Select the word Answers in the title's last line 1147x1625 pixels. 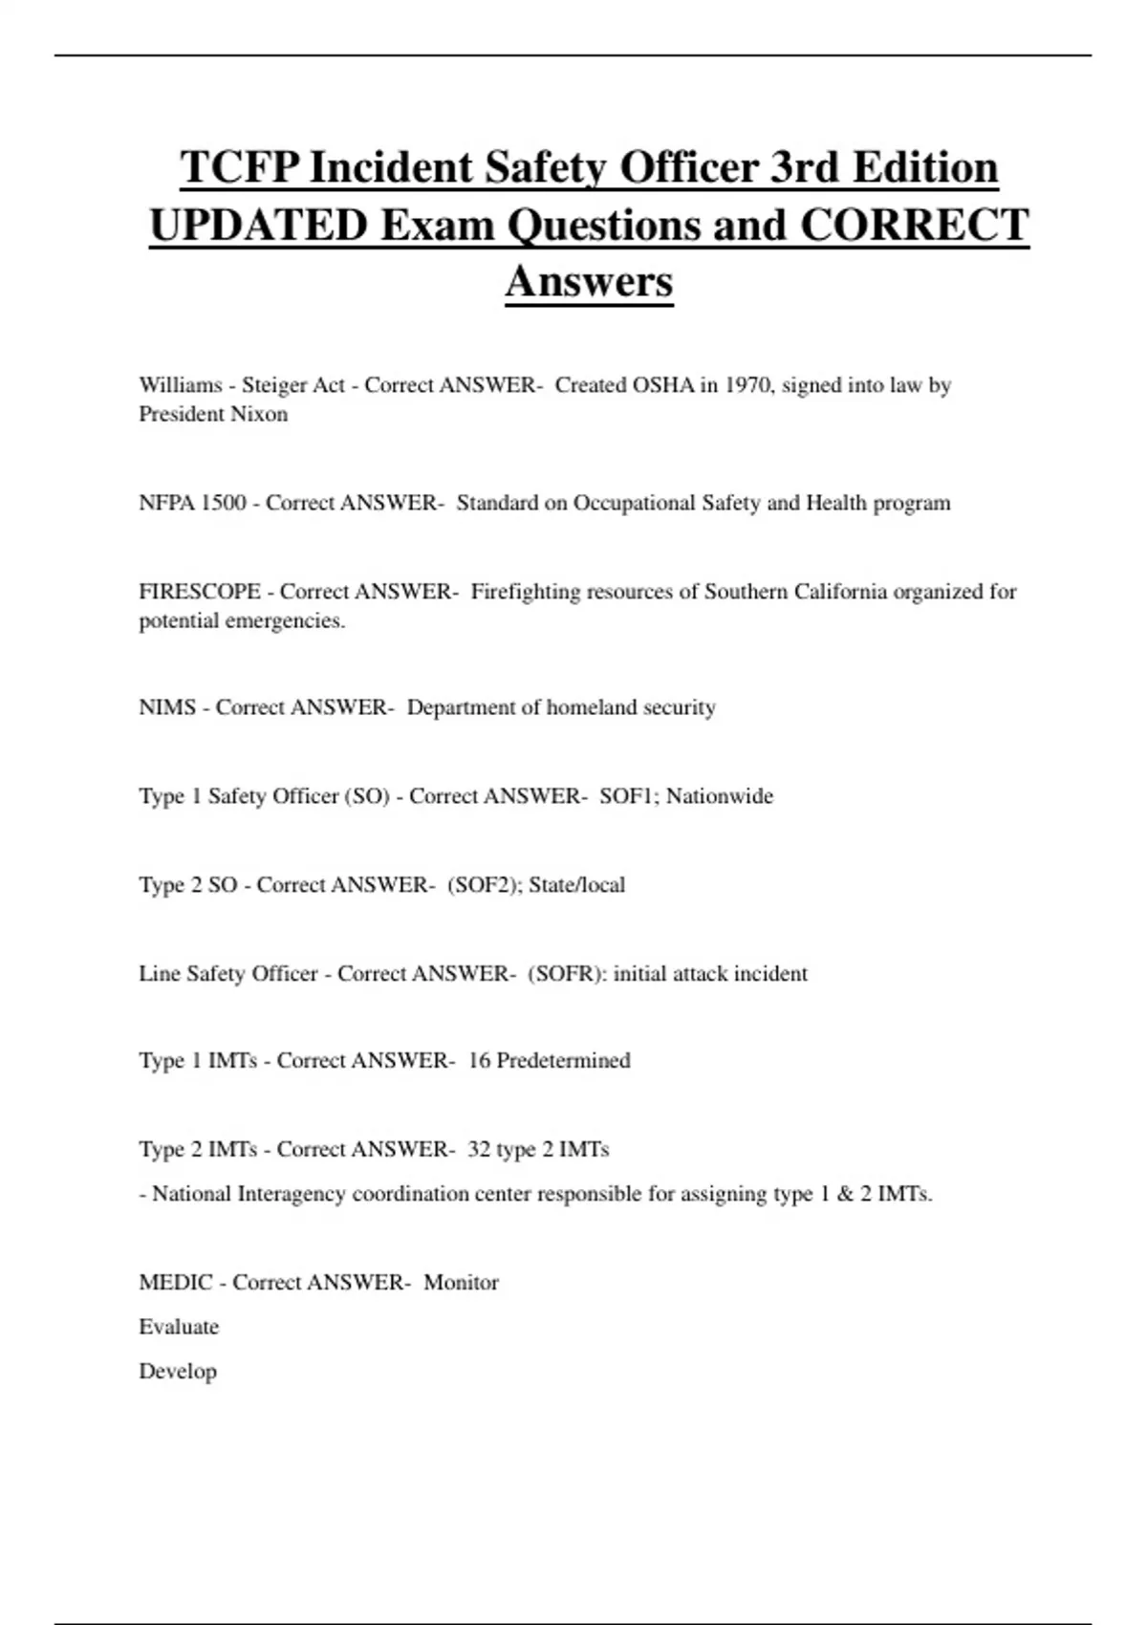pyautogui.click(x=589, y=281)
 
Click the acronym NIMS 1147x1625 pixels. pyautogui.click(x=167, y=707)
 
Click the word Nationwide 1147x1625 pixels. pyautogui.click(x=720, y=796)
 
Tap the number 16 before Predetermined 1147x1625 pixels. pyautogui.click(x=479, y=1061)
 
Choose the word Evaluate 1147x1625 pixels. pyautogui.click(x=179, y=1327)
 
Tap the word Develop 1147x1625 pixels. pyautogui.click(x=178, y=1371)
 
